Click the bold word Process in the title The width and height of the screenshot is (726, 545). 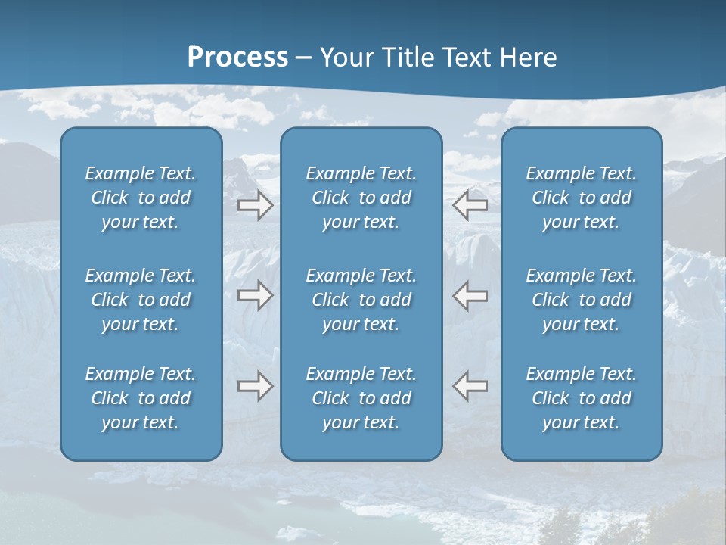click(237, 58)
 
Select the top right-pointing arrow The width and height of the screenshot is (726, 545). click(255, 204)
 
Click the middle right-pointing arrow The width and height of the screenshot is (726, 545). click(255, 295)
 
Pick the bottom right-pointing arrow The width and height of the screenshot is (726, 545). click(255, 386)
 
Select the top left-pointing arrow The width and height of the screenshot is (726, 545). click(470, 204)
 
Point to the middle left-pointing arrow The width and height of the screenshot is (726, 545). click(470, 295)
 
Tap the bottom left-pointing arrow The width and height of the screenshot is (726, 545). click(470, 386)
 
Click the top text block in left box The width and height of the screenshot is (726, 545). click(141, 198)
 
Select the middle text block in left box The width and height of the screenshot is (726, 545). click(141, 300)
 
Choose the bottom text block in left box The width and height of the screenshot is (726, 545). click(141, 398)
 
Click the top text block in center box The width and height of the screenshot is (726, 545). click(361, 198)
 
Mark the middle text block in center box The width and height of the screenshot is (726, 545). click(361, 300)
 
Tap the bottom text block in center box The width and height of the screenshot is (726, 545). click(361, 398)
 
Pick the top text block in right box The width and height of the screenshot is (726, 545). click(581, 198)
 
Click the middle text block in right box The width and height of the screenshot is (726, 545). click(581, 300)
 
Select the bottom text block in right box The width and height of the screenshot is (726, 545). click(581, 398)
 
